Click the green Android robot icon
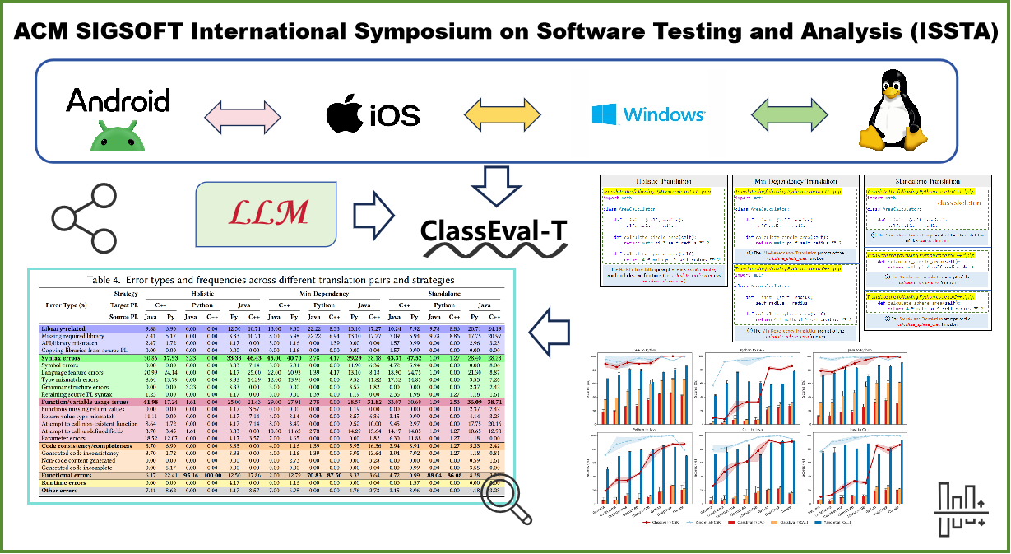(x=118, y=135)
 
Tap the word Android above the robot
(x=118, y=100)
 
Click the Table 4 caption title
(x=270, y=280)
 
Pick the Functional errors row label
(x=74, y=475)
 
